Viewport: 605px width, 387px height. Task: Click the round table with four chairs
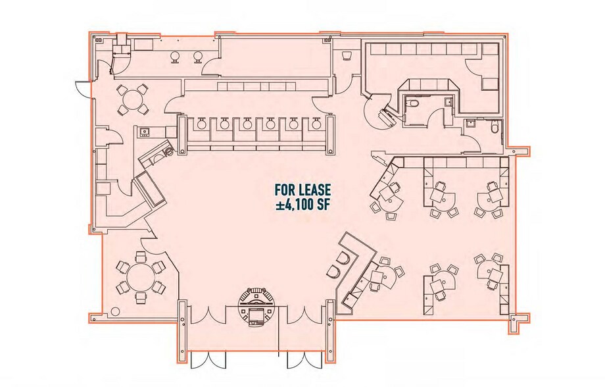[133, 99]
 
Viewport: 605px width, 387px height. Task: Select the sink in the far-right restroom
[472, 123]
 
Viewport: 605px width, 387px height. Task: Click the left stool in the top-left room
[176, 57]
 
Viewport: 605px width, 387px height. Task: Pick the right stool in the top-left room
[197, 57]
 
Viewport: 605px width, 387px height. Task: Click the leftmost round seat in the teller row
[201, 124]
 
